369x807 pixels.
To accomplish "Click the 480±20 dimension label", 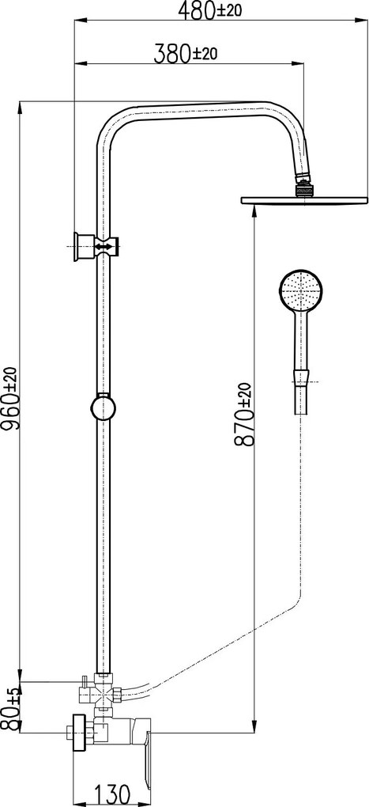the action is click(x=209, y=9).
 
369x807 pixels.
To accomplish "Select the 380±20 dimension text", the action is click(x=185, y=53).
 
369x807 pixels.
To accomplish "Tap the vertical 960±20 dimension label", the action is click(x=9, y=399).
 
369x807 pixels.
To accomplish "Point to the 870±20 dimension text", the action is click(x=244, y=415).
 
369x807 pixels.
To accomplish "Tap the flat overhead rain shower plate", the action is click(x=305, y=199).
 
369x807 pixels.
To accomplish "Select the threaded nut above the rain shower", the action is click(x=303, y=189).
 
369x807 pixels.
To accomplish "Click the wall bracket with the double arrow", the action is click(x=96, y=247).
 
